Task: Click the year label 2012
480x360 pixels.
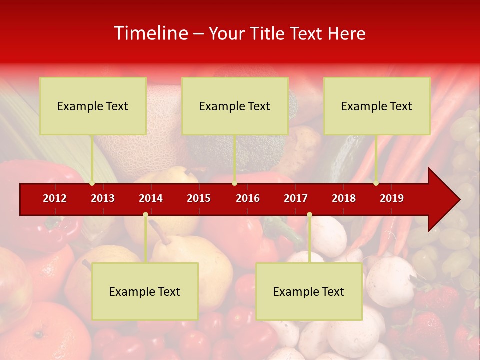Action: [55, 198]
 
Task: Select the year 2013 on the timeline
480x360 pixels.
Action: [103, 198]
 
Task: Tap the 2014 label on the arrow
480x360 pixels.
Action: [151, 198]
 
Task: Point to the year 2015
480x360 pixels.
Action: [199, 198]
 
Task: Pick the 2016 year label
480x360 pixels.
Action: [248, 198]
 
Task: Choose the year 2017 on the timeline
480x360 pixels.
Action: [296, 198]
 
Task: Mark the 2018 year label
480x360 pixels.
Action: [344, 198]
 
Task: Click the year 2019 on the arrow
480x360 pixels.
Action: [392, 198]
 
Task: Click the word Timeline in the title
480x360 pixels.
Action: [150, 33]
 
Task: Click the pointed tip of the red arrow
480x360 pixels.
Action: [458, 200]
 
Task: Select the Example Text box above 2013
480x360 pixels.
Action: [93, 106]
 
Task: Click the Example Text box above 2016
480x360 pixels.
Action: [235, 106]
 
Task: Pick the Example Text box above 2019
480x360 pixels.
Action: [377, 106]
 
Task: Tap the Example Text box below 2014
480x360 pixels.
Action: [145, 291]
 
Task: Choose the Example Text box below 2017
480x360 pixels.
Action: [309, 291]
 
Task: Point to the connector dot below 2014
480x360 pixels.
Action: [145, 215]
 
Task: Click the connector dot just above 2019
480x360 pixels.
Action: [376, 183]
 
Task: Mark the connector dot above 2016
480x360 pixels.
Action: [234, 183]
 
